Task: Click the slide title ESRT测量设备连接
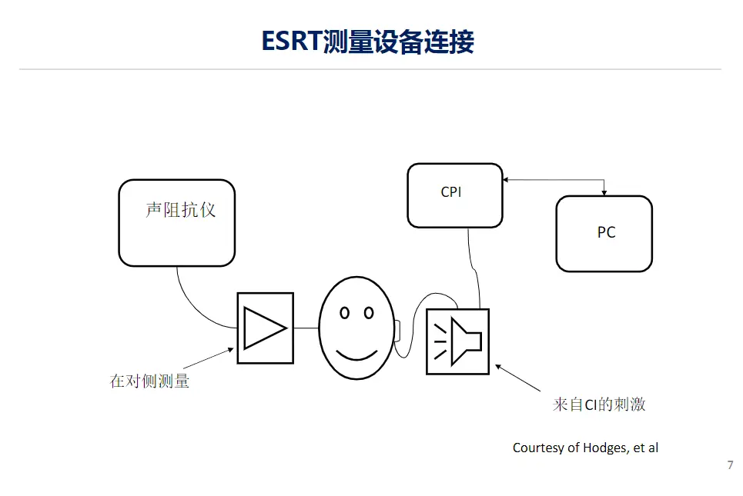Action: pyautogui.click(x=367, y=42)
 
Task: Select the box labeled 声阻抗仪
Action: pyautogui.click(x=176, y=223)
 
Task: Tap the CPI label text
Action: pyautogui.click(x=451, y=192)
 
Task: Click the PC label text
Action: pyautogui.click(x=606, y=232)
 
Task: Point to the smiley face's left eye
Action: pyautogui.click(x=344, y=313)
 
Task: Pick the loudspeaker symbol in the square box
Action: pyautogui.click(x=460, y=341)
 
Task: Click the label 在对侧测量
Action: pyautogui.click(x=149, y=381)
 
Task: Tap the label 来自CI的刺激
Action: pyautogui.click(x=599, y=404)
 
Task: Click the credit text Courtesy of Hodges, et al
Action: pyautogui.click(x=585, y=448)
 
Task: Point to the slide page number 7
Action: pyautogui.click(x=730, y=465)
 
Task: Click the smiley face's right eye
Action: pyautogui.click(x=369, y=313)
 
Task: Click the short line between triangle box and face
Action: pyautogui.click(x=306, y=328)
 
